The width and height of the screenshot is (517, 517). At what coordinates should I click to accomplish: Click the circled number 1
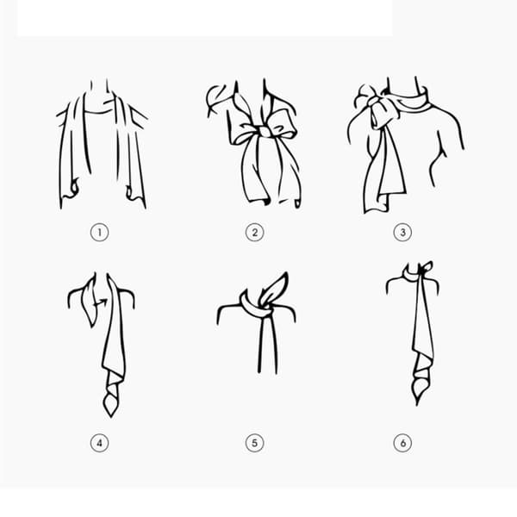100,233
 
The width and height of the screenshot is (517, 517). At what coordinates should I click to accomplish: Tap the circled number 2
254,233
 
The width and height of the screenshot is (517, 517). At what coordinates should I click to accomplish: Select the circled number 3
402,233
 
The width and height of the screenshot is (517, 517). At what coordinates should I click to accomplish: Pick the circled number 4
100,443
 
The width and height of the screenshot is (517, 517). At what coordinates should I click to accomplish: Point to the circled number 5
254,443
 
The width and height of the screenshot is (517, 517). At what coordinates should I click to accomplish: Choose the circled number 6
402,443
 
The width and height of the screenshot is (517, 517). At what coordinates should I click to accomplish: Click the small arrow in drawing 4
101,302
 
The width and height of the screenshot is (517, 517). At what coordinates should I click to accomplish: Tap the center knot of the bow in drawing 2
265,131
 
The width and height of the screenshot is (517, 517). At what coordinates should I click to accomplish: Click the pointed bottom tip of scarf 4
111,417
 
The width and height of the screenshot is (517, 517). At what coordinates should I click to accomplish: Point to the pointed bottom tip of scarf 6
417,404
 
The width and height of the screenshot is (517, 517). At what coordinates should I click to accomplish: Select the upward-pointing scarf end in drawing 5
276,288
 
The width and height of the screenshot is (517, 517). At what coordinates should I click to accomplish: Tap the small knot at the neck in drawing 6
422,271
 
